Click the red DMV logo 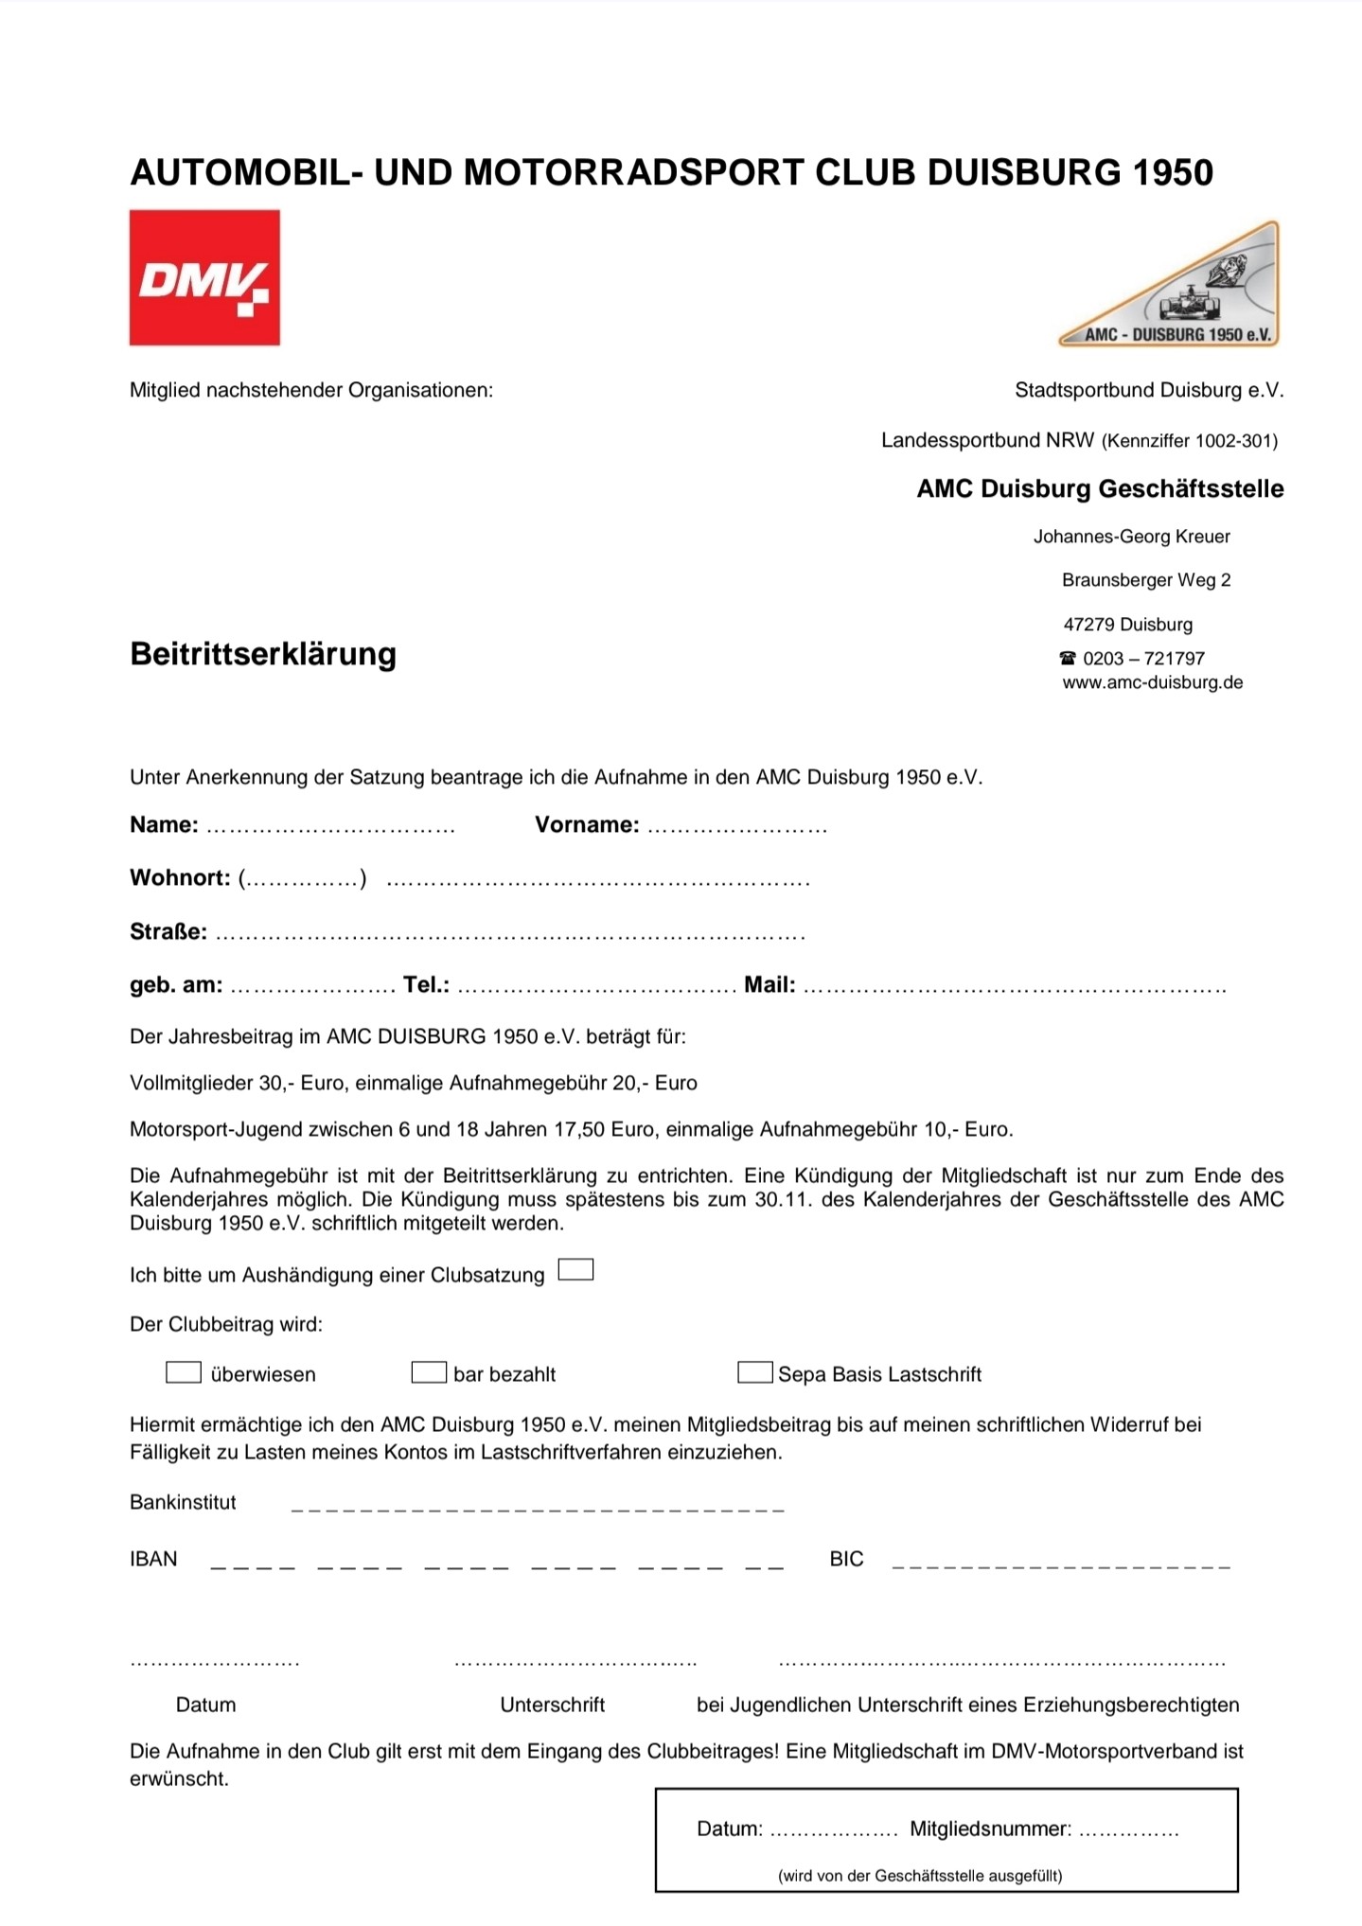click(x=204, y=277)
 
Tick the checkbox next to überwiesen click(x=184, y=1372)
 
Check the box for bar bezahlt click(x=429, y=1372)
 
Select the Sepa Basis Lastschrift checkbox click(x=754, y=1372)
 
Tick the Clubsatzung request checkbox click(x=575, y=1270)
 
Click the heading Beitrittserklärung click(x=263, y=654)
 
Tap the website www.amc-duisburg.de click(x=1152, y=682)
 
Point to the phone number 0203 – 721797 click(x=1143, y=658)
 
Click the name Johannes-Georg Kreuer click(x=1131, y=537)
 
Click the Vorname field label click(x=587, y=824)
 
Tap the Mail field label click(x=769, y=984)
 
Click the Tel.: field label click(x=426, y=984)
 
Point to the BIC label click(x=846, y=1559)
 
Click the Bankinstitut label click(x=183, y=1502)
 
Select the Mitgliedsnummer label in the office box click(x=990, y=1829)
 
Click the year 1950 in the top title click(x=1173, y=172)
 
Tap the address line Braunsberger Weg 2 click(x=1146, y=580)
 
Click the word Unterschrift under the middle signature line click(x=552, y=1705)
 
